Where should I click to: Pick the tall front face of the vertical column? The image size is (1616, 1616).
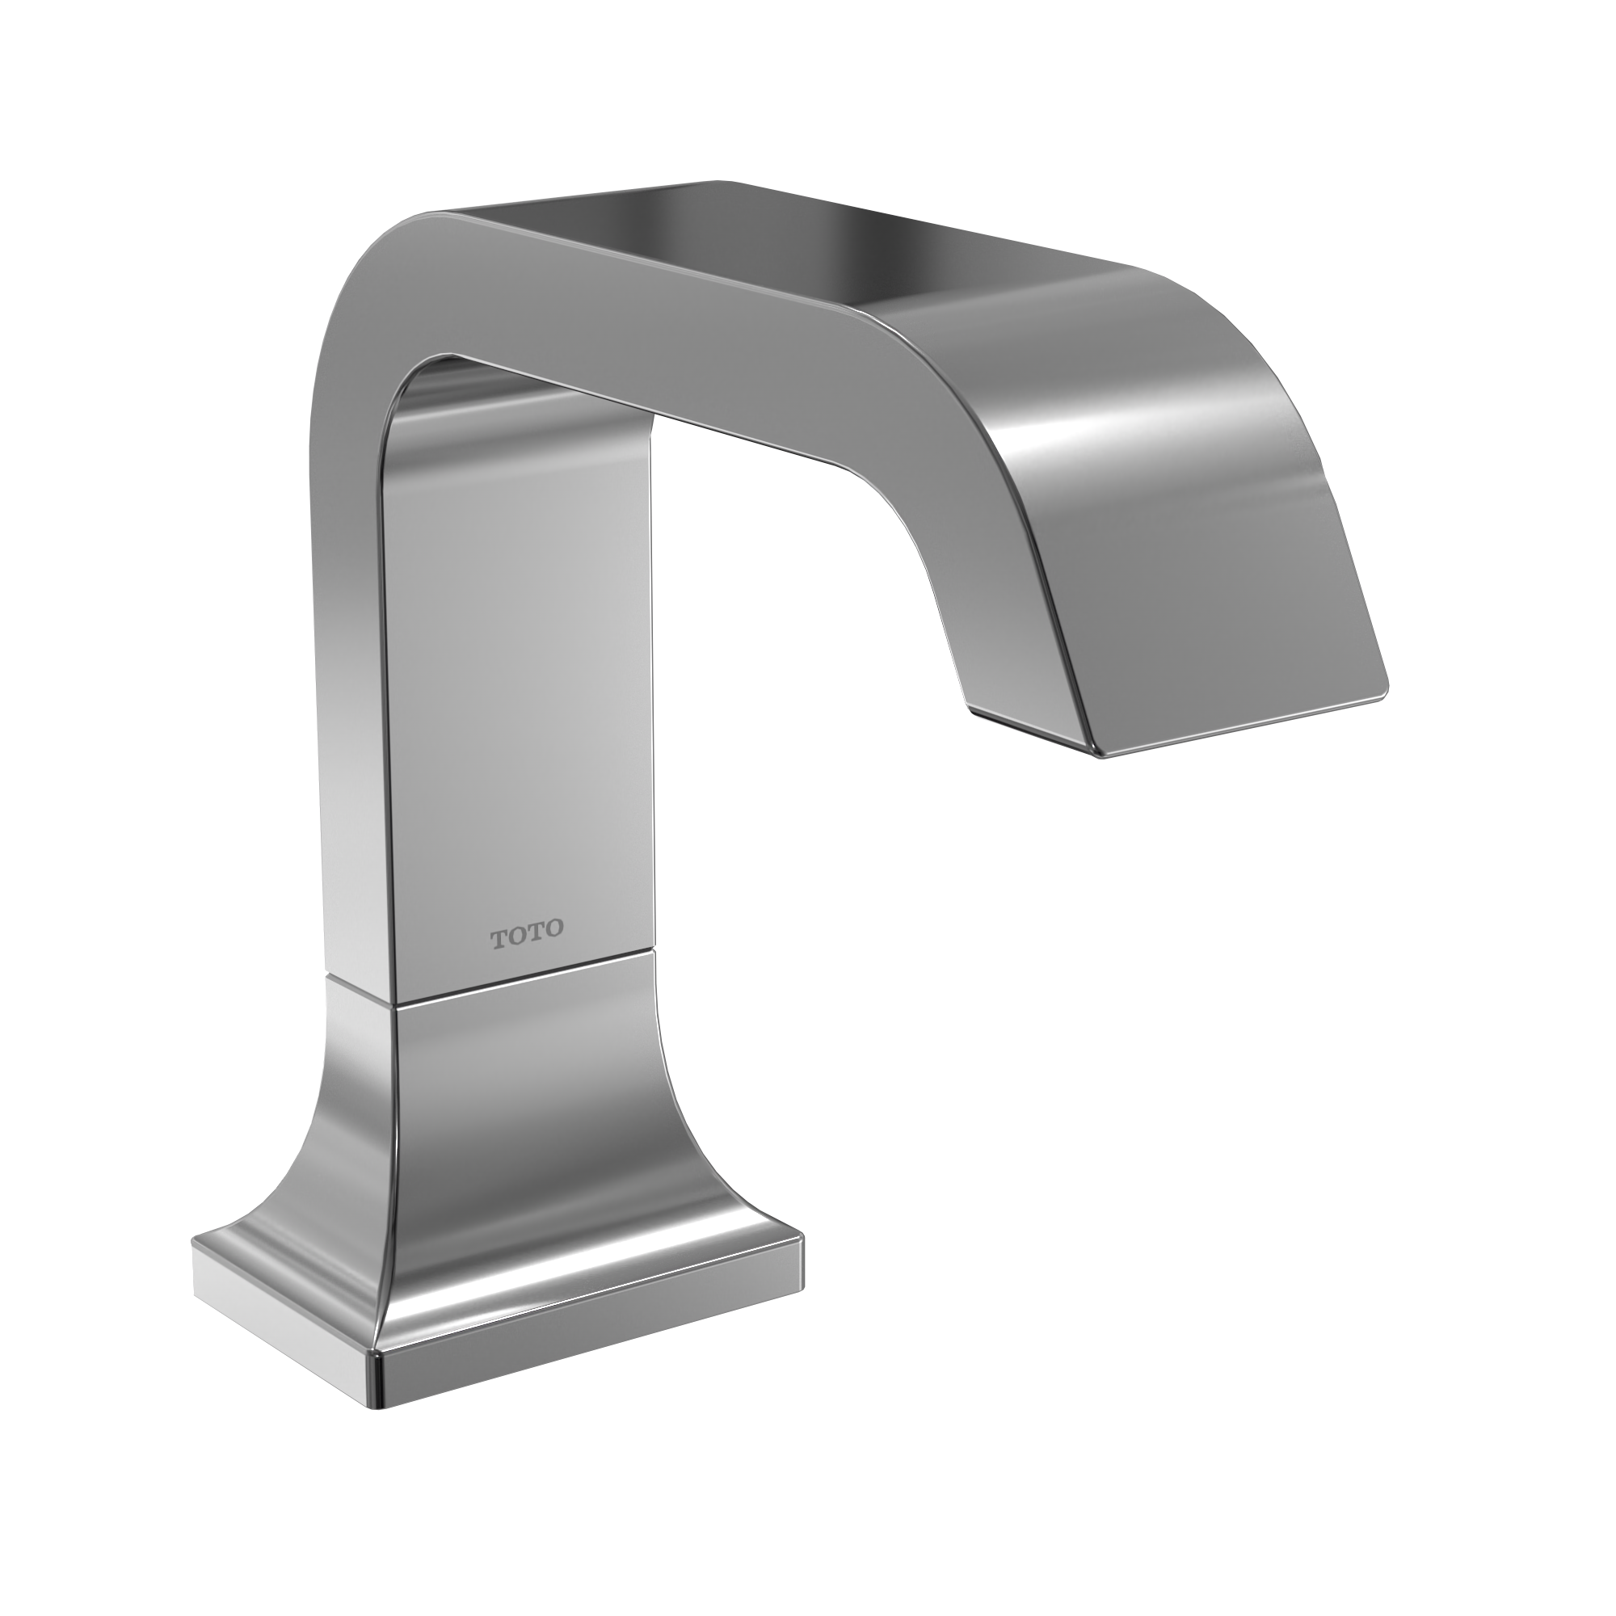[x=519, y=669]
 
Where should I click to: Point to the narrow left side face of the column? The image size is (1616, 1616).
[x=351, y=669]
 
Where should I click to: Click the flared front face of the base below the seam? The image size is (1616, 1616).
[x=519, y=1171]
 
